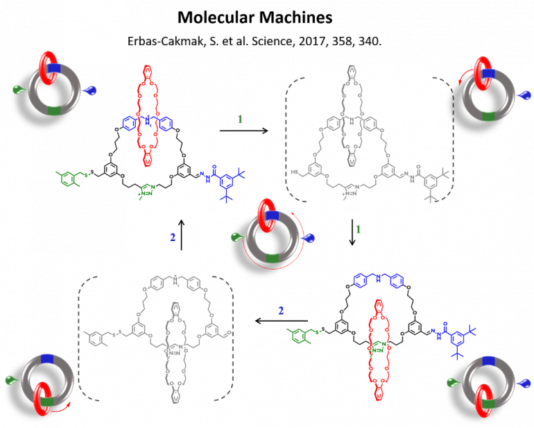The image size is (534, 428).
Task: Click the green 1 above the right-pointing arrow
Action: [x=241, y=119]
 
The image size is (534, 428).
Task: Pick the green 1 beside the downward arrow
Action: [x=358, y=228]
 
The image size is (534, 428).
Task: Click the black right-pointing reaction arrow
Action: [x=241, y=130]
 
